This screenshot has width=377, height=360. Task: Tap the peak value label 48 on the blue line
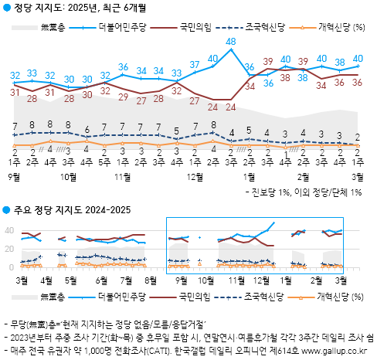click(230, 41)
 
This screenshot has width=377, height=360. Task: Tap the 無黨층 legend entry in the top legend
click(53, 27)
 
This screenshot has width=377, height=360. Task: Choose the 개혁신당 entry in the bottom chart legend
click(336, 296)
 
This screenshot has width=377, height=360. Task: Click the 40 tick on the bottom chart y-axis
click(9, 230)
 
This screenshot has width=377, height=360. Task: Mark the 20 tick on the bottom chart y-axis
click(9, 250)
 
